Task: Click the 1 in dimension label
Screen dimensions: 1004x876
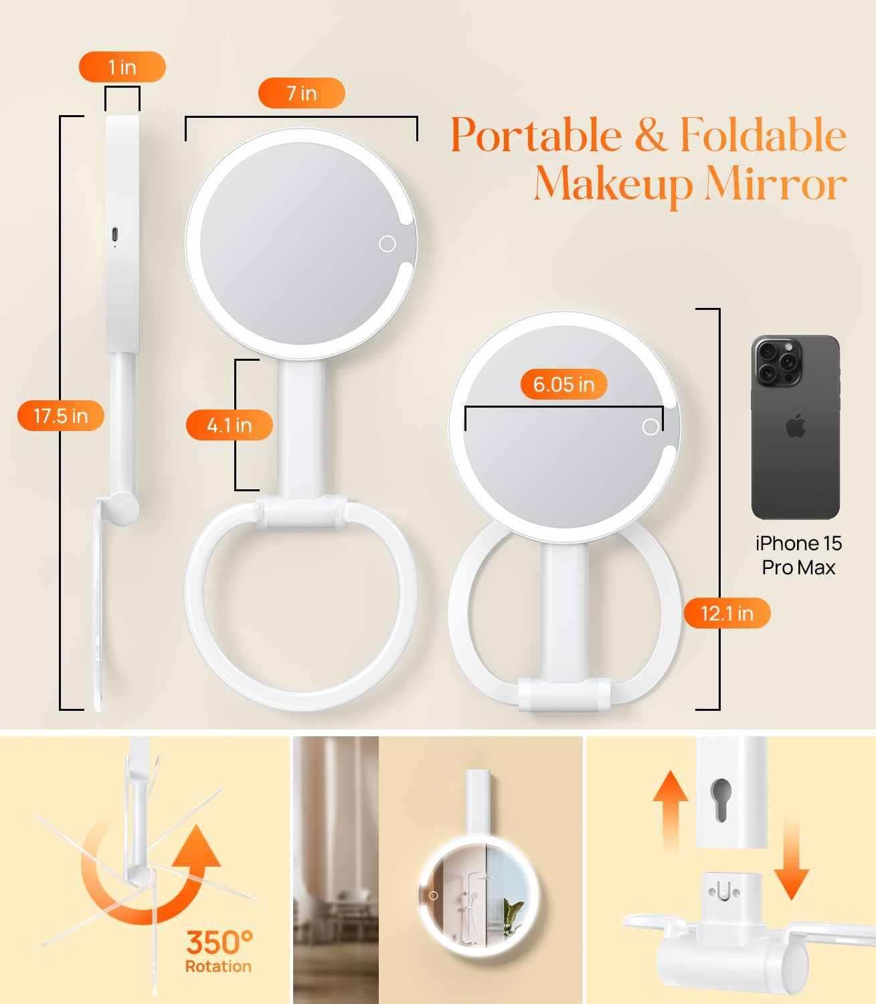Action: click(122, 67)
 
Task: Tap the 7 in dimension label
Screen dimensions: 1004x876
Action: click(301, 93)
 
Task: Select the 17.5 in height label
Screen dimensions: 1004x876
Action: click(60, 416)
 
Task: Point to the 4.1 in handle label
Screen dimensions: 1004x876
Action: click(229, 425)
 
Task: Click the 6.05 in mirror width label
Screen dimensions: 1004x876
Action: click(563, 384)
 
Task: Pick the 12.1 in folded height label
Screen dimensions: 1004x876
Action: click(727, 613)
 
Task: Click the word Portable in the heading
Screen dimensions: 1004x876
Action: click(536, 135)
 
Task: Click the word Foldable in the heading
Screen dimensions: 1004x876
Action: click(763, 135)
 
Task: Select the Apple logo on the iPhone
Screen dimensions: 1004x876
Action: click(796, 425)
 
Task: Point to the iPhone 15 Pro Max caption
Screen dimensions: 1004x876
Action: click(798, 555)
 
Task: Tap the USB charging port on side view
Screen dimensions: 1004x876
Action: click(114, 235)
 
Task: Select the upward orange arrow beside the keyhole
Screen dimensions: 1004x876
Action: click(671, 810)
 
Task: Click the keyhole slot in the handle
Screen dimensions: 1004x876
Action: click(720, 799)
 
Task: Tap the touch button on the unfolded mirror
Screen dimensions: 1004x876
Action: click(387, 244)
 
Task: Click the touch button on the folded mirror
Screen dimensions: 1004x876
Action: click(650, 426)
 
